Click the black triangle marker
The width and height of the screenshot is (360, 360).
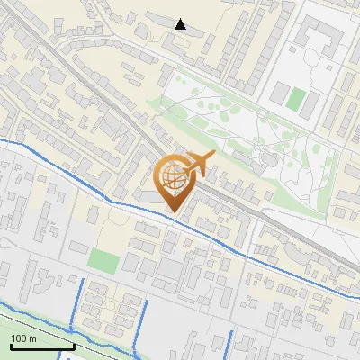[x=181, y=24]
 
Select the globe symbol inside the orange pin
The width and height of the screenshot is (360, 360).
[x=171, y=176]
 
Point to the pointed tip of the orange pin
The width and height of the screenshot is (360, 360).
[x=172, y=211]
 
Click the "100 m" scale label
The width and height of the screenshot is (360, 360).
[x=23, y=338]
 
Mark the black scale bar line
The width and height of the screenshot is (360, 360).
[x=42, y=346]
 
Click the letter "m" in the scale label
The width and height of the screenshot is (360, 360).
[x=31, y=338]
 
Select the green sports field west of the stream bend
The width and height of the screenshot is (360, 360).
[x=104, y=261]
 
